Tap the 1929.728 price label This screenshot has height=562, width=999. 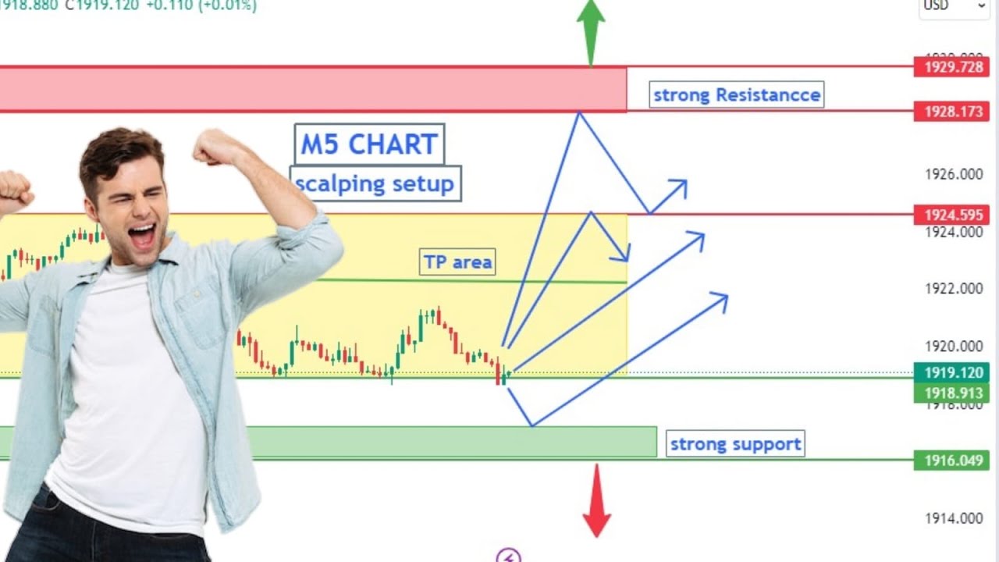point(953,67)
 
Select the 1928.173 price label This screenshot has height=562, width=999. point(953,112)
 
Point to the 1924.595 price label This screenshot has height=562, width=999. point(953,214)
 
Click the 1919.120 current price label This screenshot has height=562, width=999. point(953,373)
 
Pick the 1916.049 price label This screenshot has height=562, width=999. point(953,461)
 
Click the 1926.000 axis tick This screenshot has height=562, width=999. point(954,174)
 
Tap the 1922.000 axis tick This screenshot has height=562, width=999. point(954,289)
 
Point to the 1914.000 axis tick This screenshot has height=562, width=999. point(954,518)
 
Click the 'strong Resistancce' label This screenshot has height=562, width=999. point(736,95)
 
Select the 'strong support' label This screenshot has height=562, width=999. point(735,444)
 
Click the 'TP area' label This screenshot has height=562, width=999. point(457,262)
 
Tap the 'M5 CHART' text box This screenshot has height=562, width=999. point(369,144)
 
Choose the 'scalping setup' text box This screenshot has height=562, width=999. point(375,184)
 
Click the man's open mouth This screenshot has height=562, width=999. point(141,235)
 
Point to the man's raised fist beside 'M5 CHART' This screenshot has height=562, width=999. point(215,146)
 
